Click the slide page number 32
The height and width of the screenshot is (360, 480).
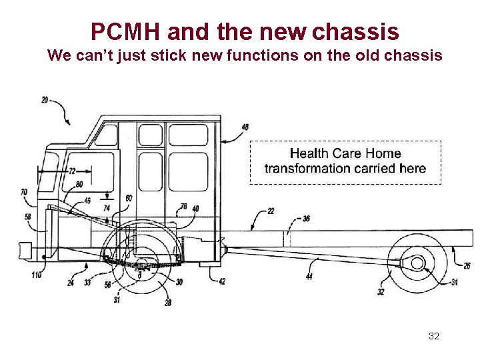[434, 336]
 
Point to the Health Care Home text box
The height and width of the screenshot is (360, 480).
[345, 161]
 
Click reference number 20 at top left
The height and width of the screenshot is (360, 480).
[45, 101]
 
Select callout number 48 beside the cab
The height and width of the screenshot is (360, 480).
[245, 127]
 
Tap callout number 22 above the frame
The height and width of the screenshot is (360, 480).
[270, 211]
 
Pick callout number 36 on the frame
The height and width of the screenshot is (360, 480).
[306, 218]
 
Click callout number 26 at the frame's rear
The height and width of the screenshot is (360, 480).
[467, 266]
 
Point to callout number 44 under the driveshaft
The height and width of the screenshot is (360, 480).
[309, 276]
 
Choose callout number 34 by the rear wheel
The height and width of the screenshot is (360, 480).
[454, 283]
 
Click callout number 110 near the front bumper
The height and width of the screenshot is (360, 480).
[36, 275]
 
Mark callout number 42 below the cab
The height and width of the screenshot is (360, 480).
[222, 281]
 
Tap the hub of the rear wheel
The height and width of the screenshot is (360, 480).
[417, 263]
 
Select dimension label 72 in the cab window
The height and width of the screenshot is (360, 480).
[72, 171]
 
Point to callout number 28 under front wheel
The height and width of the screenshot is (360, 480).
[168, 303]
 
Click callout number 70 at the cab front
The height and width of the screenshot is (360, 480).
[24, 193]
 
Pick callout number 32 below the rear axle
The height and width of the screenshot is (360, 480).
[381, 291]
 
